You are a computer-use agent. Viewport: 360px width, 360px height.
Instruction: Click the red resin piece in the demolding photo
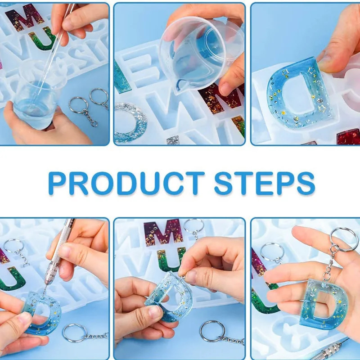[x=348, y=136]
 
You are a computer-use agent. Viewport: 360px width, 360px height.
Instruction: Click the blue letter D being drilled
[x=43, y=310]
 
